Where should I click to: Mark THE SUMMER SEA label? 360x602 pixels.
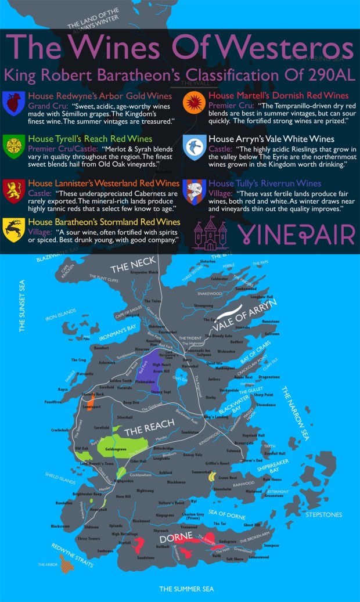[x=186, y=589]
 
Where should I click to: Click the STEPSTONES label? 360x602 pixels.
[x=323, y=514]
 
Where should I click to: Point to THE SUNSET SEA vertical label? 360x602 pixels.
[x=23, y=306]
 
